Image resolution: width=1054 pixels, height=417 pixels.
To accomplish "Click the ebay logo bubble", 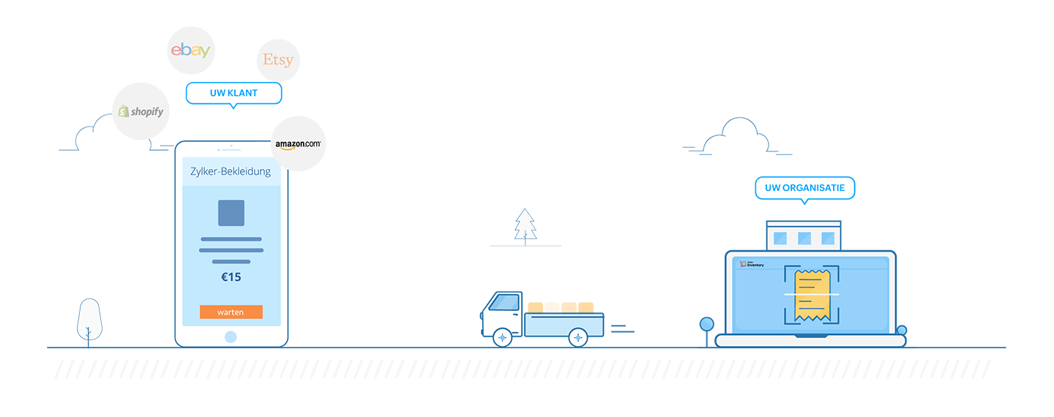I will [x=190, y=50].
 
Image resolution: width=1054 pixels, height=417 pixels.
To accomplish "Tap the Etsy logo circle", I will [x=278, y=60].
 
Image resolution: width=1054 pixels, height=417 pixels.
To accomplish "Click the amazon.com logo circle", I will [x=298, y=144].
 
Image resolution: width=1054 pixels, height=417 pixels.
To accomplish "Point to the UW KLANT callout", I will [x=233, y=93].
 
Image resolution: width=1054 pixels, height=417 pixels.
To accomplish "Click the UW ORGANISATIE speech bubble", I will [x=804, y=188].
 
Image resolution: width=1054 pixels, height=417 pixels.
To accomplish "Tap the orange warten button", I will [x=231, y=312].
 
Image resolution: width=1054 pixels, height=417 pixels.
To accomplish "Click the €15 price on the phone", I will [x=231, y=277].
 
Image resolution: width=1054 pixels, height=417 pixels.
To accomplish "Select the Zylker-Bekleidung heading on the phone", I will [x=231, y=172].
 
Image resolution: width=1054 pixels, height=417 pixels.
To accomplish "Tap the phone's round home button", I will [x=231, y=337].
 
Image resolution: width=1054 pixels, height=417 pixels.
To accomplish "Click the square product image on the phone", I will [x=231, y=213].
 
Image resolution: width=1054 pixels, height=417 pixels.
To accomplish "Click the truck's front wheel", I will [x=503, y=337].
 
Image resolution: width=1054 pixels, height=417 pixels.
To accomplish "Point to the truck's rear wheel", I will [x=579, y=337].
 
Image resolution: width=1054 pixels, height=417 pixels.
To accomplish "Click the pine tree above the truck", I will [x=525, y=225].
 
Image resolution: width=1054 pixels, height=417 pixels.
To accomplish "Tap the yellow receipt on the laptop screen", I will [x=812, y=294].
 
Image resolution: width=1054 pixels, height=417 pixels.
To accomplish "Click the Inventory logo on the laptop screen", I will [x=752, y=263].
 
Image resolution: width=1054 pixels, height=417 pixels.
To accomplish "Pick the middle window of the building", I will [x=804, y=238].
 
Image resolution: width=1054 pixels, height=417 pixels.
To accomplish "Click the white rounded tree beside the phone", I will [x=89, y=320].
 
